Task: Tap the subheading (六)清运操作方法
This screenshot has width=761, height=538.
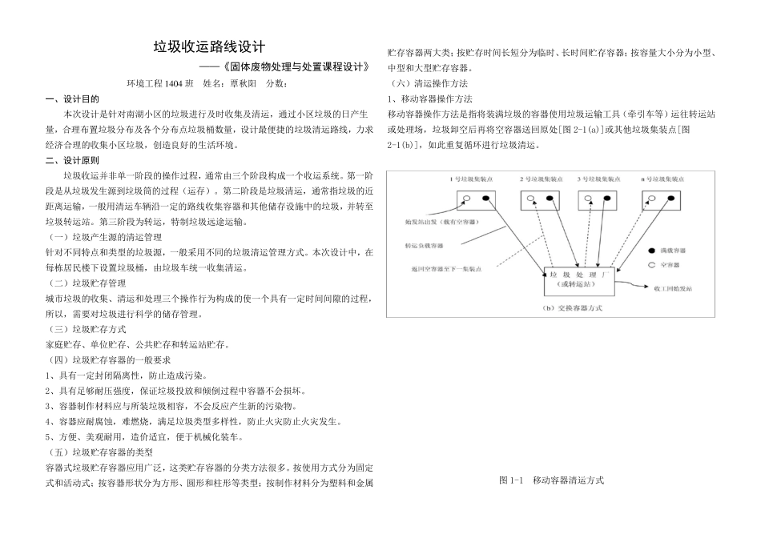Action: click(x=428, y=83)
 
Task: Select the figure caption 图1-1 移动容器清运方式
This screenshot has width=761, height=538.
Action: click(x=551, y=480)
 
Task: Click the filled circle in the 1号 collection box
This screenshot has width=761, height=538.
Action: click(x=485, y=197)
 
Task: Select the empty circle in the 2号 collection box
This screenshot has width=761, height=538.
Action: click(x=530, y=197)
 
